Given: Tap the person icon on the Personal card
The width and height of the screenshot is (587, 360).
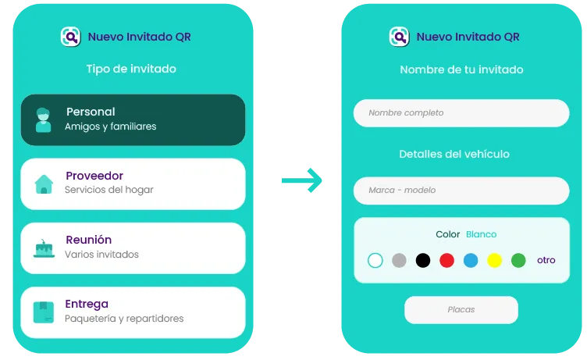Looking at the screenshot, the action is click(x=44, y=120).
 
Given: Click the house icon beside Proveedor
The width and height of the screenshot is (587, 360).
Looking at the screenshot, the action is click(x=44, y=184).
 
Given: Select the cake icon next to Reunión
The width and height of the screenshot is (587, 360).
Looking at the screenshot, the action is click(x=44, y=249).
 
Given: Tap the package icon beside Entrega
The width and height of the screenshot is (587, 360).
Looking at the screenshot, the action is click(x=44, y=312).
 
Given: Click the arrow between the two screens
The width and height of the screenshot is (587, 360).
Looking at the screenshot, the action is click(x=302, y=180).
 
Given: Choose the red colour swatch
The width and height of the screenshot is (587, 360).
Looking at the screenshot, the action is click(x=446, y=260).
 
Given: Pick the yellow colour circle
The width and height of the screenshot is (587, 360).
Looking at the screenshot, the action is click(x=495, y=260).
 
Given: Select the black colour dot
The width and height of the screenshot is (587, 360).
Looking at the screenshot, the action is click(x=423, y=260).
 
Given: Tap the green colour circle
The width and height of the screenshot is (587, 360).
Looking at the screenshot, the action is click(x=518, y=260).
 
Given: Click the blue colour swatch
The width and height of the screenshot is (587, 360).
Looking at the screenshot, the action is click(x=471, y=260).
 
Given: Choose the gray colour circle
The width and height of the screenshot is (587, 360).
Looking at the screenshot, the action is click(x=399, y=260).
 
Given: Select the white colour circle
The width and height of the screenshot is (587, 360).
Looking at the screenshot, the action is click(x=375, y=260).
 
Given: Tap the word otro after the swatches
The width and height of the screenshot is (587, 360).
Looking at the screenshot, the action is click(x=546, y=260).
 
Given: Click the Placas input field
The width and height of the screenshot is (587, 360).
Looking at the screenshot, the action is click(x=461, y=310).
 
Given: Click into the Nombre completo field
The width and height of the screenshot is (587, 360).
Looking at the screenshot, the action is click(x=461, y=113).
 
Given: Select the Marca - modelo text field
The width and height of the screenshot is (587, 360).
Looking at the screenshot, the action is click(x=461, y=191).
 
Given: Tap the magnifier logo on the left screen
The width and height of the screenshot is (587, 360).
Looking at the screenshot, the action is click(x=71, y=37).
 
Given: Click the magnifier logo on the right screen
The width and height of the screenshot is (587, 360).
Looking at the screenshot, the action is click(x=399, y=37).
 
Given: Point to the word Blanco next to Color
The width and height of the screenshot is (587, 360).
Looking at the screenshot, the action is click(x=481, y=234).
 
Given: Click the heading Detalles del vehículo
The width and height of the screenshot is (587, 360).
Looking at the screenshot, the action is click(x=454, y=154).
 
